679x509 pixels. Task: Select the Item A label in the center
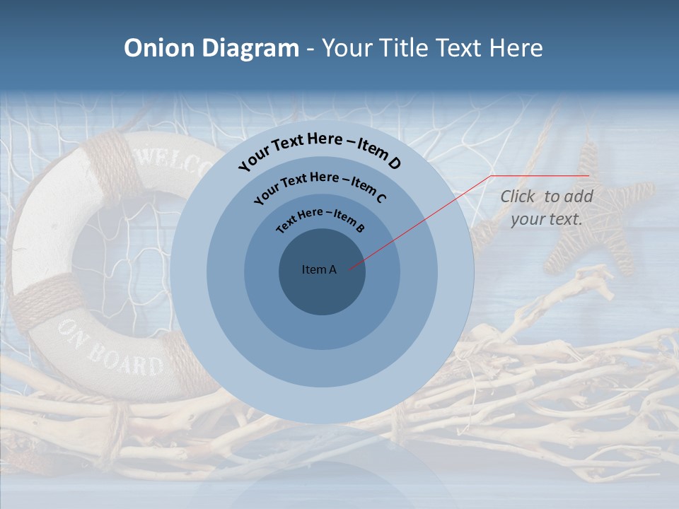tap(319, 269)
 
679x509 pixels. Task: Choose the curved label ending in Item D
tap(320, 149)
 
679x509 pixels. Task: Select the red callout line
tap(417, 223)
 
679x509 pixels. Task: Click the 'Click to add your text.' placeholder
tap(547, 208)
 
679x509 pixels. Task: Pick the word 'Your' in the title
tap(348, 48)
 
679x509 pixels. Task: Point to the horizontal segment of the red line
tap(540, 175)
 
